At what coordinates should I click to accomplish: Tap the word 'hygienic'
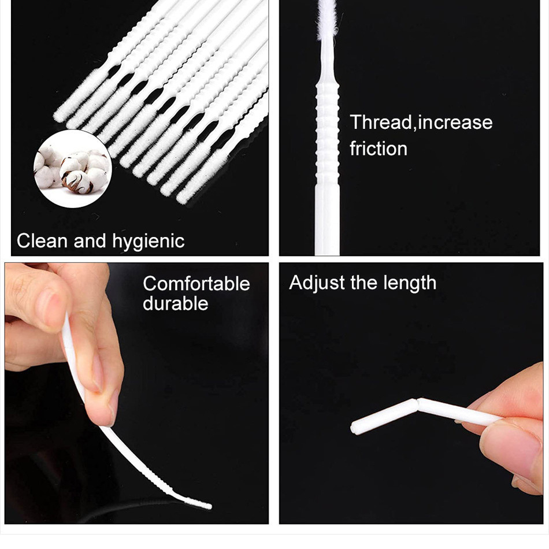click(148, 242)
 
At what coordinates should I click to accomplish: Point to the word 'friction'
click(379, 149)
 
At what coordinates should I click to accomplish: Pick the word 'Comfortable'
click(196, 284)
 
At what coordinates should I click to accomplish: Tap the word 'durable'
click(176, 303)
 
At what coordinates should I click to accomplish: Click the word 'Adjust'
click(317, 283)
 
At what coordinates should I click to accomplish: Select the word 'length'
click(410, 283)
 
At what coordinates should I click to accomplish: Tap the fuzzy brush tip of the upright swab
click(327, 19)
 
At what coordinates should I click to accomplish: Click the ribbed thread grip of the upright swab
click(327, 135)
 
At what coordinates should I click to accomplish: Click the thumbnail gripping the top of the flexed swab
click(52, 309)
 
